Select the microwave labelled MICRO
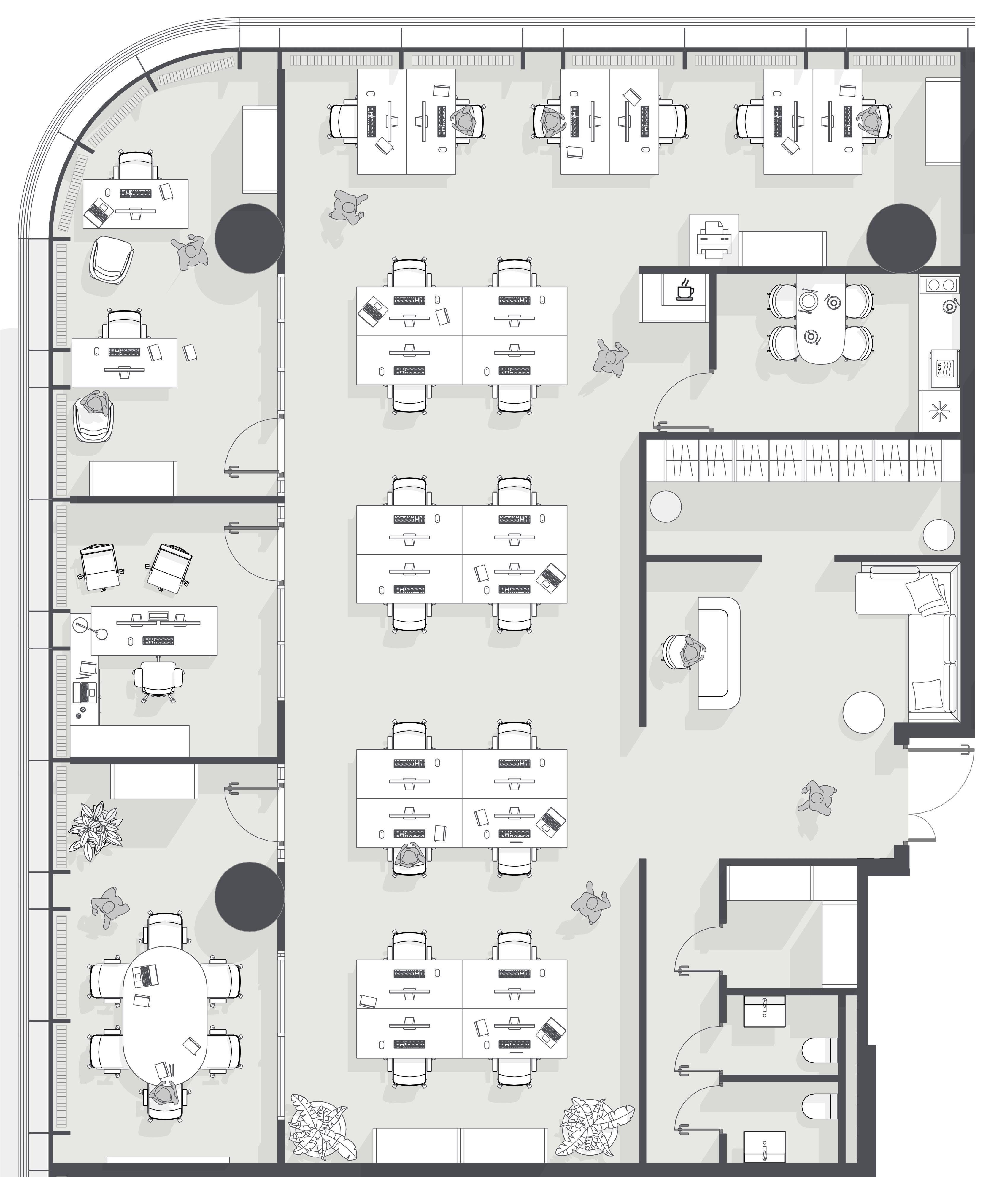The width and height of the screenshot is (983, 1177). (945, 368)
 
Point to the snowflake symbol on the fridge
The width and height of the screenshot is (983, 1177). (939, 412)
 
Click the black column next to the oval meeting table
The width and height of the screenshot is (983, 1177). (250, 897)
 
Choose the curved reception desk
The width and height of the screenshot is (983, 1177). (719, 652)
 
